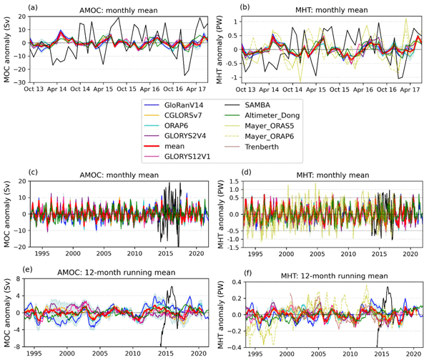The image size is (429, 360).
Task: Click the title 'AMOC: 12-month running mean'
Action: point(117,276)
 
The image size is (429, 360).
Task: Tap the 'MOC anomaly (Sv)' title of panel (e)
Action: point(9,313)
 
